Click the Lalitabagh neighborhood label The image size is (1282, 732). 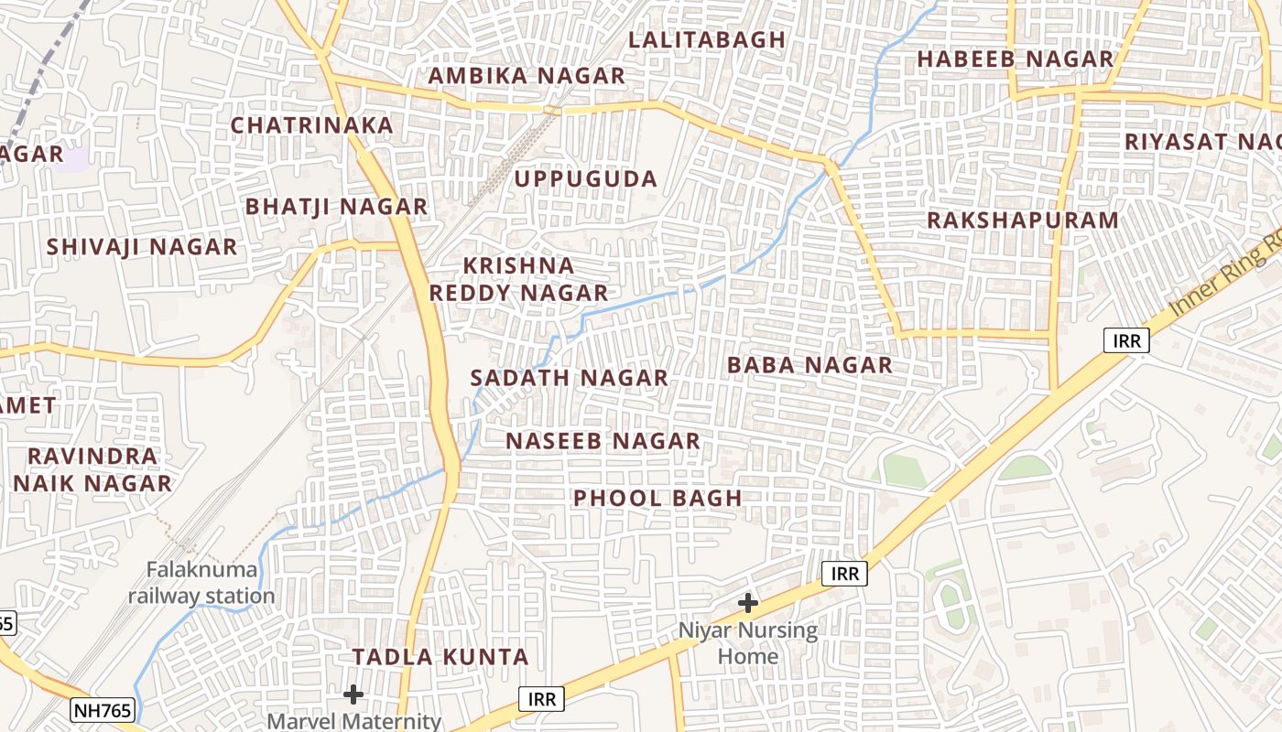[x=707, y=39]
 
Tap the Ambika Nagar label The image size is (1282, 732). [x=527, y=76]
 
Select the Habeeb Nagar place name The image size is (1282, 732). [x=1015, y=59]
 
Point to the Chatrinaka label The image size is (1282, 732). [x=311, y=125]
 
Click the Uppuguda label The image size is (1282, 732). [x=585, y=178]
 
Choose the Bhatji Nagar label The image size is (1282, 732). [x=336, y=207]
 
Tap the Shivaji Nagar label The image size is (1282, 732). [x=142, y=247]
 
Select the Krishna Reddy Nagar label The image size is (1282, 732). [x=519, y=279]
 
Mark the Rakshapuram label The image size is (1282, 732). [x=1023, y=221]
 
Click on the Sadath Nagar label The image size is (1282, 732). [x=569, y=378]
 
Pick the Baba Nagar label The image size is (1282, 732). [x=809, y=365]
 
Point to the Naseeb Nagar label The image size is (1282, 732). [x=603, y=441]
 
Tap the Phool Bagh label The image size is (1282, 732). [x=657, y=499]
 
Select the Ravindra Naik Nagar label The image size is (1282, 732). [x=92, y=469]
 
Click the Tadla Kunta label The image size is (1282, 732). [x=440, y=657]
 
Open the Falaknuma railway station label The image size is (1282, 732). [x=201, y=583]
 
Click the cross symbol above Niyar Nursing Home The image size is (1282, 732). [x=748, y=603]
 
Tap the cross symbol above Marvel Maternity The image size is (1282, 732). [x=353, y=694]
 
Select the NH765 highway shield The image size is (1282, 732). [x=103, y=709]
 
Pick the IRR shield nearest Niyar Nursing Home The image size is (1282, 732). [x=843, y=574]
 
